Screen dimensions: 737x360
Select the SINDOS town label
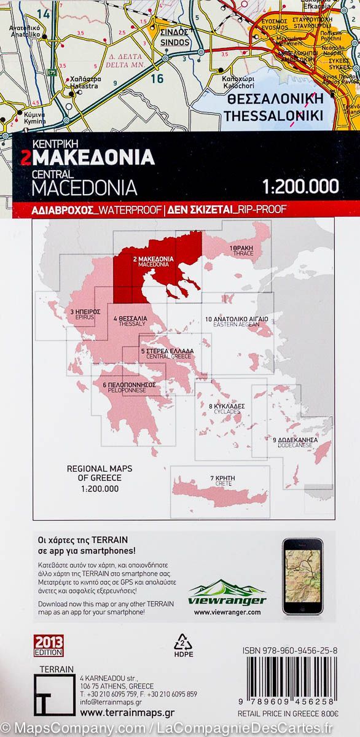tap(175, 39)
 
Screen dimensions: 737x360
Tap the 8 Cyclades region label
tap(227, 409)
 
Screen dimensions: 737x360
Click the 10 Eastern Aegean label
tap(237, 322)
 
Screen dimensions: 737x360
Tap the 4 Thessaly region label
tap(130, 321)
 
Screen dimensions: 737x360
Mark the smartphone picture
tap(302, 575)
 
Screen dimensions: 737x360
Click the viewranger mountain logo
tap(227, 593)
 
